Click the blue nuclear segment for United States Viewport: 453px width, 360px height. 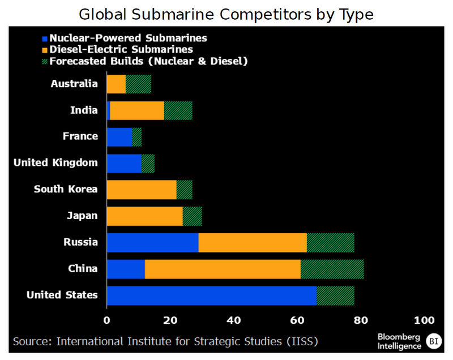211,295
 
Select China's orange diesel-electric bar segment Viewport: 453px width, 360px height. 223,269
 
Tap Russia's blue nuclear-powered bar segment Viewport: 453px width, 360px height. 152,242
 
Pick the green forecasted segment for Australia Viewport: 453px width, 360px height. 138,84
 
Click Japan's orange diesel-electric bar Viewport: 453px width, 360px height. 144,216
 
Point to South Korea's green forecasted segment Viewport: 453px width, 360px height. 184,190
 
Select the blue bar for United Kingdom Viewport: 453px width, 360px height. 124,163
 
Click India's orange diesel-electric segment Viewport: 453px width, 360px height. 136,110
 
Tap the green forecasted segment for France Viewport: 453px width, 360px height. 136,136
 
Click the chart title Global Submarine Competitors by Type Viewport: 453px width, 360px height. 226,14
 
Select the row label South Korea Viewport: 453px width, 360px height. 66,189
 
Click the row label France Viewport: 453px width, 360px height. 80,136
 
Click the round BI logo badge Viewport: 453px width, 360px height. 434,341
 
